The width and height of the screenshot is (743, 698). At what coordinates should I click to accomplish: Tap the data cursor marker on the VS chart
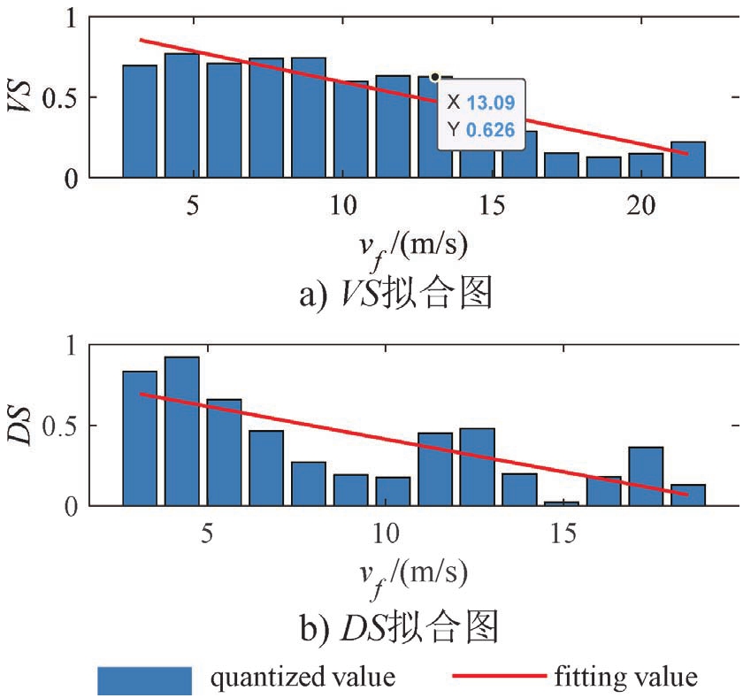pos(435,78)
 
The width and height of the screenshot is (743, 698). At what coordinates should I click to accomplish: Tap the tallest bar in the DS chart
pos(181,431)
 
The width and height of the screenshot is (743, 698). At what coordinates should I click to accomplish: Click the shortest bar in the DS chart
pos(562,503)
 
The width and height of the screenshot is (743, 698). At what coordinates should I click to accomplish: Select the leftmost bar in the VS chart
pos(140,122)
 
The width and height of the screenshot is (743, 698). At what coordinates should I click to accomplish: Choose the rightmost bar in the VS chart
pos(687,160)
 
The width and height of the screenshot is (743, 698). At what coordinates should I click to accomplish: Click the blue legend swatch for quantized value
pos(144,679)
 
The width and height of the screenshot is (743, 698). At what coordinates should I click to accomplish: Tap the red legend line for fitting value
pos(499,677)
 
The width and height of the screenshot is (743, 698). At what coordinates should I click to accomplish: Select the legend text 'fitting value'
pos(626,678)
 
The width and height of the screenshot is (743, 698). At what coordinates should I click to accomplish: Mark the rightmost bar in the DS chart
pos(687,495)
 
